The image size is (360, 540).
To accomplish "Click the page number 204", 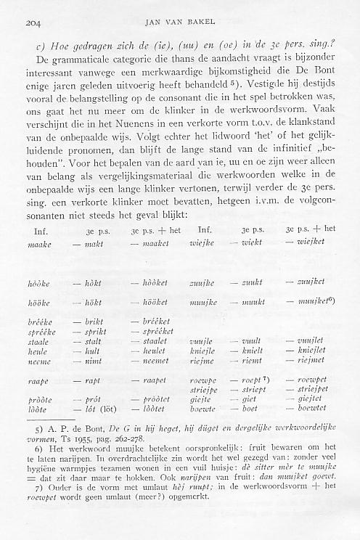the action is click(x=32, y=23).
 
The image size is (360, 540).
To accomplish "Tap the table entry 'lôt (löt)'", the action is click(x=99, y=409).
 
